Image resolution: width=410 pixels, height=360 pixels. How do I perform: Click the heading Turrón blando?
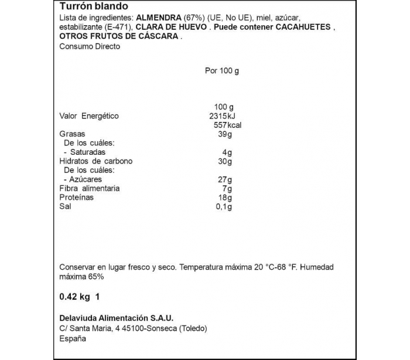point(93,6)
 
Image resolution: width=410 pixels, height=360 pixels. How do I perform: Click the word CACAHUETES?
point(301,27)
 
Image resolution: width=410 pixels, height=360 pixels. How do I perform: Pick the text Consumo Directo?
point(90,46)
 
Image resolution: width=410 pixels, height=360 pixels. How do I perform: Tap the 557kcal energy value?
point(228,125)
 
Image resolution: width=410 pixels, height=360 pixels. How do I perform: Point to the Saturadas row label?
point(87,152)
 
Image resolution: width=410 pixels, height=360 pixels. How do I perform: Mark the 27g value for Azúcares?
point(225,179)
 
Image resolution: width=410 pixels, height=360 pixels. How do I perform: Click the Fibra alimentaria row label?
point(90,189)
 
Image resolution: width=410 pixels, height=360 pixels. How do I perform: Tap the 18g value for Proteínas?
point(225,198)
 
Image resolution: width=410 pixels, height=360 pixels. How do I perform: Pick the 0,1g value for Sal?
point(223,207)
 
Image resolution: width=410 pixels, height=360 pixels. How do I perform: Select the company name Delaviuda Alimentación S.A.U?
point(117,318)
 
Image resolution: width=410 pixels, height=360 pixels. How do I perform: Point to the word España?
point(73,339)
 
